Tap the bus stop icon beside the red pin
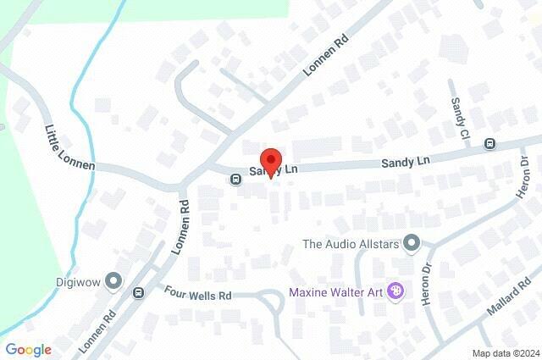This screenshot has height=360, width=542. pos(235,178)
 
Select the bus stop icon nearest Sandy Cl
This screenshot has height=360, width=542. pos(489,144)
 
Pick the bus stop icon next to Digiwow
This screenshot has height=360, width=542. pos(138,292)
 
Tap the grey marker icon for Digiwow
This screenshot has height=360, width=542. pos(113,282)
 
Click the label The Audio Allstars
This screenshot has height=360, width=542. pos(351,245)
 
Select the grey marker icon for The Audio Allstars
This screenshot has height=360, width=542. pos(412,245)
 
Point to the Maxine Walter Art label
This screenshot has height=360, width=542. pos(336,292)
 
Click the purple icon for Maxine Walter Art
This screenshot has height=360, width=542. pos(395,292)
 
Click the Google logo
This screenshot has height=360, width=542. pos(28,349)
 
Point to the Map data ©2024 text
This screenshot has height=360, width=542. pos(506,352)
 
